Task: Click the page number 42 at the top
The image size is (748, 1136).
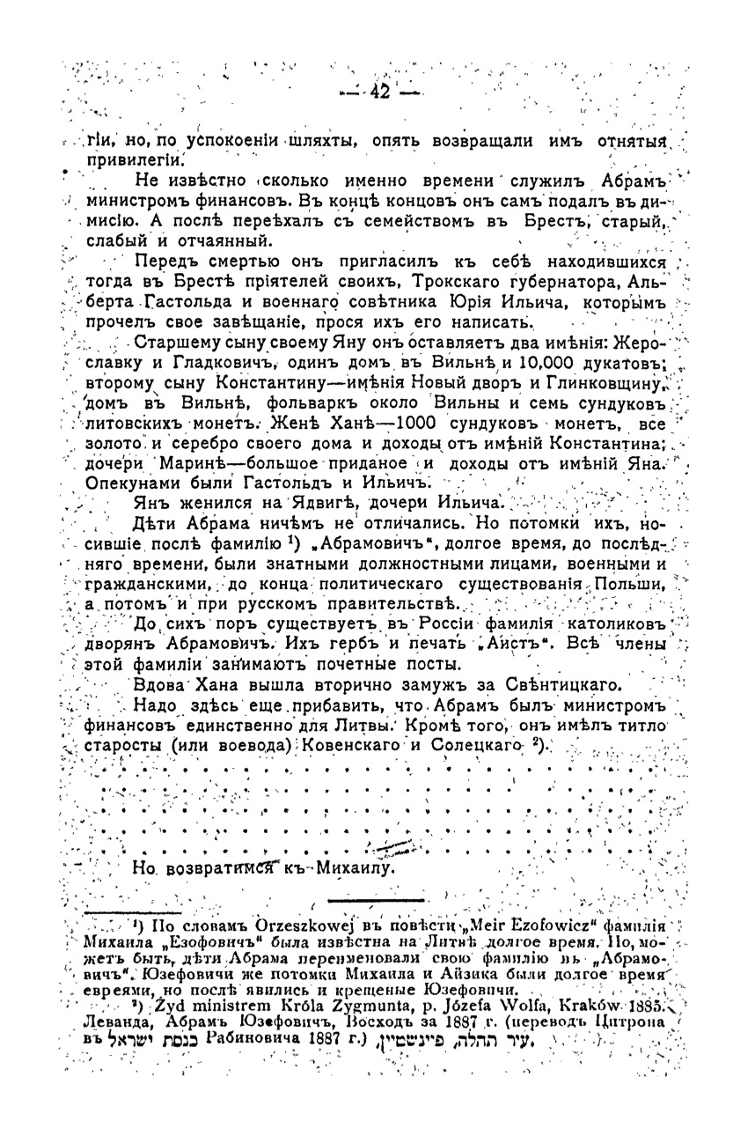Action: point(380,92)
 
